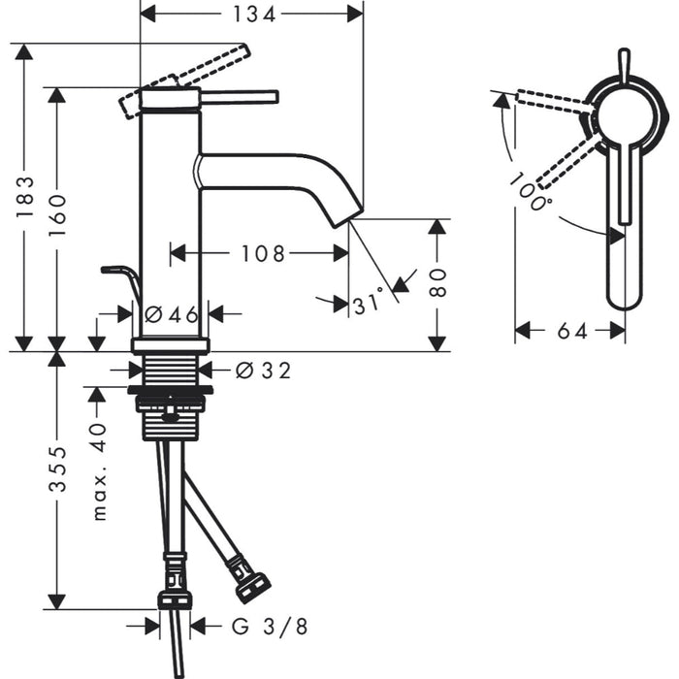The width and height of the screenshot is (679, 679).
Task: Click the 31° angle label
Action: (x=370, y=304)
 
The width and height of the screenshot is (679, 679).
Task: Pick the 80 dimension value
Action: (x=438, y=283)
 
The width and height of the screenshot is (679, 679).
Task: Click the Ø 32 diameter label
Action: (x=262, y=370)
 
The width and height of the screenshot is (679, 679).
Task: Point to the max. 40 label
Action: (x=99, y=469)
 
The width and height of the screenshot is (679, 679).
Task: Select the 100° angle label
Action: (x=533, y=193)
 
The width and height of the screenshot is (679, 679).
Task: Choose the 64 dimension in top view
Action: (x=572, y=331)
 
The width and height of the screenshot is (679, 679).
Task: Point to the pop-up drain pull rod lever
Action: (x=122, y=276)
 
